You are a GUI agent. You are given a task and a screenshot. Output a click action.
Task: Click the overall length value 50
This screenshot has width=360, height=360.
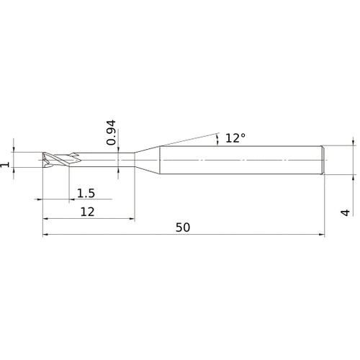point(182,227)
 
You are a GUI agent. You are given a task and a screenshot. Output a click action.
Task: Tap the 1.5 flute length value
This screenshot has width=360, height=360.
point(85,192)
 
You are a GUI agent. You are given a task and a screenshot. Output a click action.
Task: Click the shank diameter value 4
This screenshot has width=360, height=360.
point(345,212)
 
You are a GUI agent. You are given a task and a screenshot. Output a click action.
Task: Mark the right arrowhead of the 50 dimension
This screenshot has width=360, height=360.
point(322,234)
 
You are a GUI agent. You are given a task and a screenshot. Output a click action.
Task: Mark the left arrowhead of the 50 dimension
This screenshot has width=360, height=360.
point(46,234)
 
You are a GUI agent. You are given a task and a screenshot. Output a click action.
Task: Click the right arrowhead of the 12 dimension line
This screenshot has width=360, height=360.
point(132,218)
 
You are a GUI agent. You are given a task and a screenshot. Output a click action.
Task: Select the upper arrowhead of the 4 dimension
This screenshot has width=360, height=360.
point(354,143)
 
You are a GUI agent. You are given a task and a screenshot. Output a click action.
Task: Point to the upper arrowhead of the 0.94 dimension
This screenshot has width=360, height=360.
point(119,149)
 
